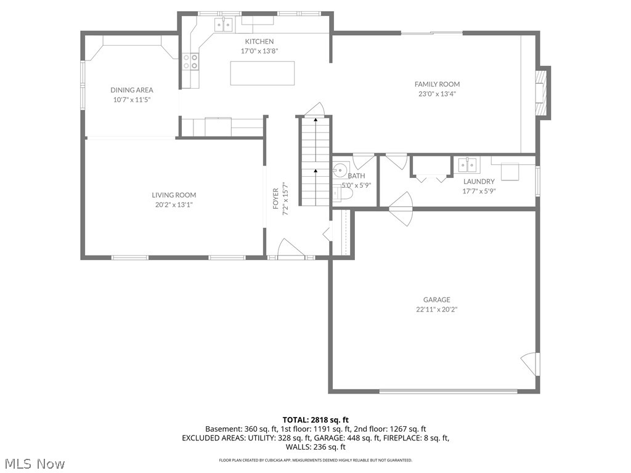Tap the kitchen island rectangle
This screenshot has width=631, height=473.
262,73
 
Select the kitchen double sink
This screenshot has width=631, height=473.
223,25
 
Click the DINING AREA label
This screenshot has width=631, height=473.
132,90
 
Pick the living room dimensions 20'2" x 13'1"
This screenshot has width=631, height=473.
174,204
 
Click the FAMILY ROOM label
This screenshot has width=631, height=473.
437,84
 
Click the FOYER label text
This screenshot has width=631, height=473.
276,199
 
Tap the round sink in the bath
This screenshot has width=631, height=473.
341,169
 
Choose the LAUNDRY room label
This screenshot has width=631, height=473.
479,182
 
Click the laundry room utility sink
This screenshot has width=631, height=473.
466,165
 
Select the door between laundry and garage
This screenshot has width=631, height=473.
401,208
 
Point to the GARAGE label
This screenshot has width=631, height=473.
436,300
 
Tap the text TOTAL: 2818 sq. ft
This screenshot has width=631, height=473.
315,420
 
